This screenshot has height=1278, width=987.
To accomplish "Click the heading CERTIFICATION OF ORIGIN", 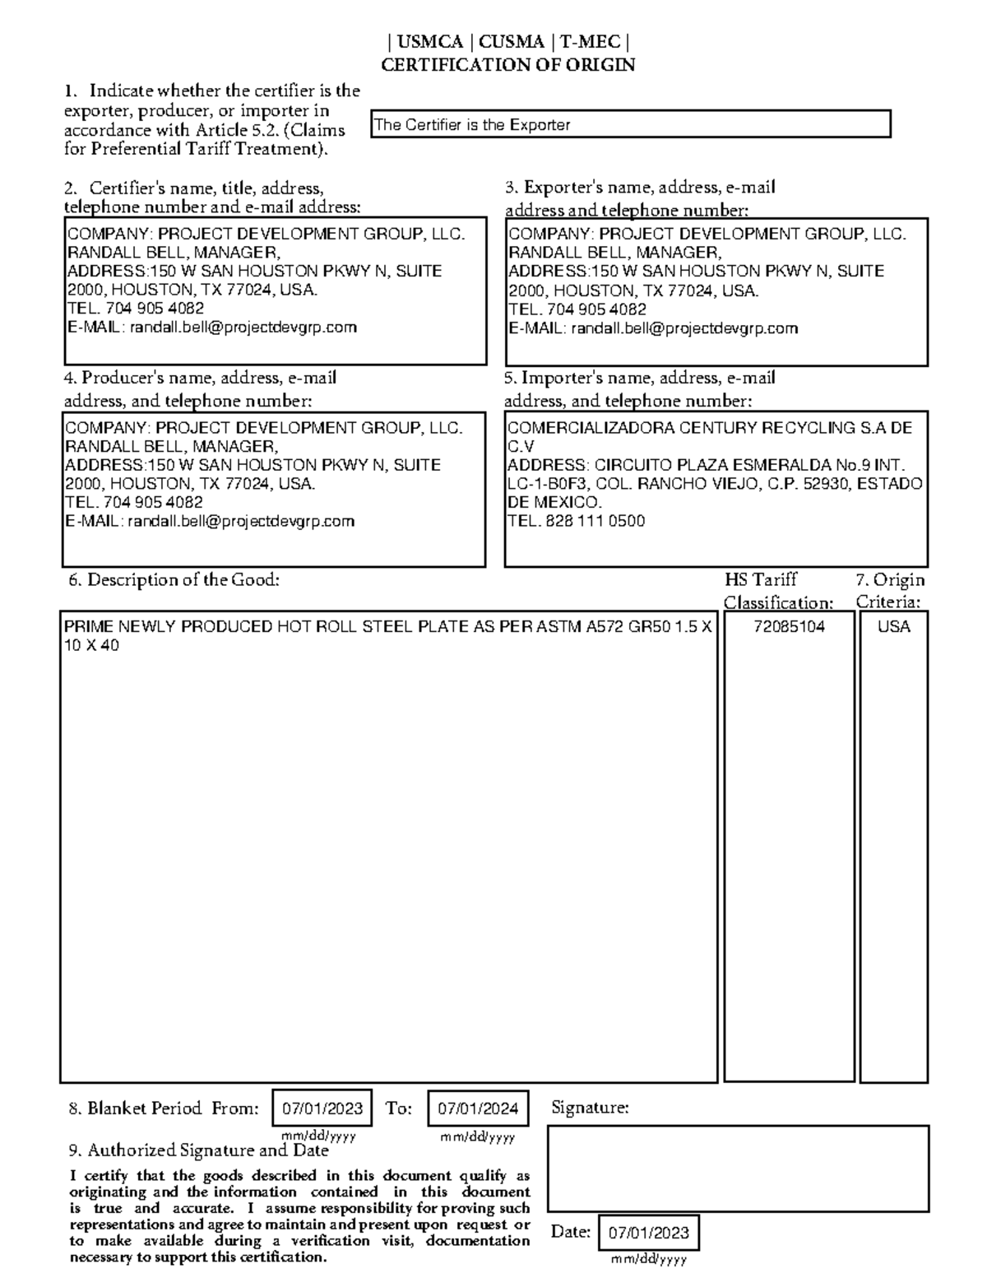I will pos(507,65).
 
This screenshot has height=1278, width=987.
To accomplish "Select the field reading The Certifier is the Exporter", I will pos(630,125).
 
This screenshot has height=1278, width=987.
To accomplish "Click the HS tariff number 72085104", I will pos(789,627).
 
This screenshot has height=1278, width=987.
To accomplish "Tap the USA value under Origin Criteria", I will pos(893,627).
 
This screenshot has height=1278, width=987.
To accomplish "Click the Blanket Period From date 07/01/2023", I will pos(322,1108).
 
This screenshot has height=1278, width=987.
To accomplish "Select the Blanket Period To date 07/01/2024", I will pos(478,1108).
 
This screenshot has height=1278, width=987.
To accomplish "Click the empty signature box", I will pos(738,1169).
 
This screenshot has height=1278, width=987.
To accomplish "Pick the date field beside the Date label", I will pos(649,1234).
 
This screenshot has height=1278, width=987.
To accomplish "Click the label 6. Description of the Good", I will pos(174,580).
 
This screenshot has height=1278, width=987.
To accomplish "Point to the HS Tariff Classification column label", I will pos(777,592).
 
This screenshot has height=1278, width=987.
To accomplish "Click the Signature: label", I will pos(590,1108).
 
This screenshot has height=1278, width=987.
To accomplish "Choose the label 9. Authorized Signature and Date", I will pos(199,1150).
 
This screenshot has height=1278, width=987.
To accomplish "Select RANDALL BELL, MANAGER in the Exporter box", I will pos(614,253).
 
